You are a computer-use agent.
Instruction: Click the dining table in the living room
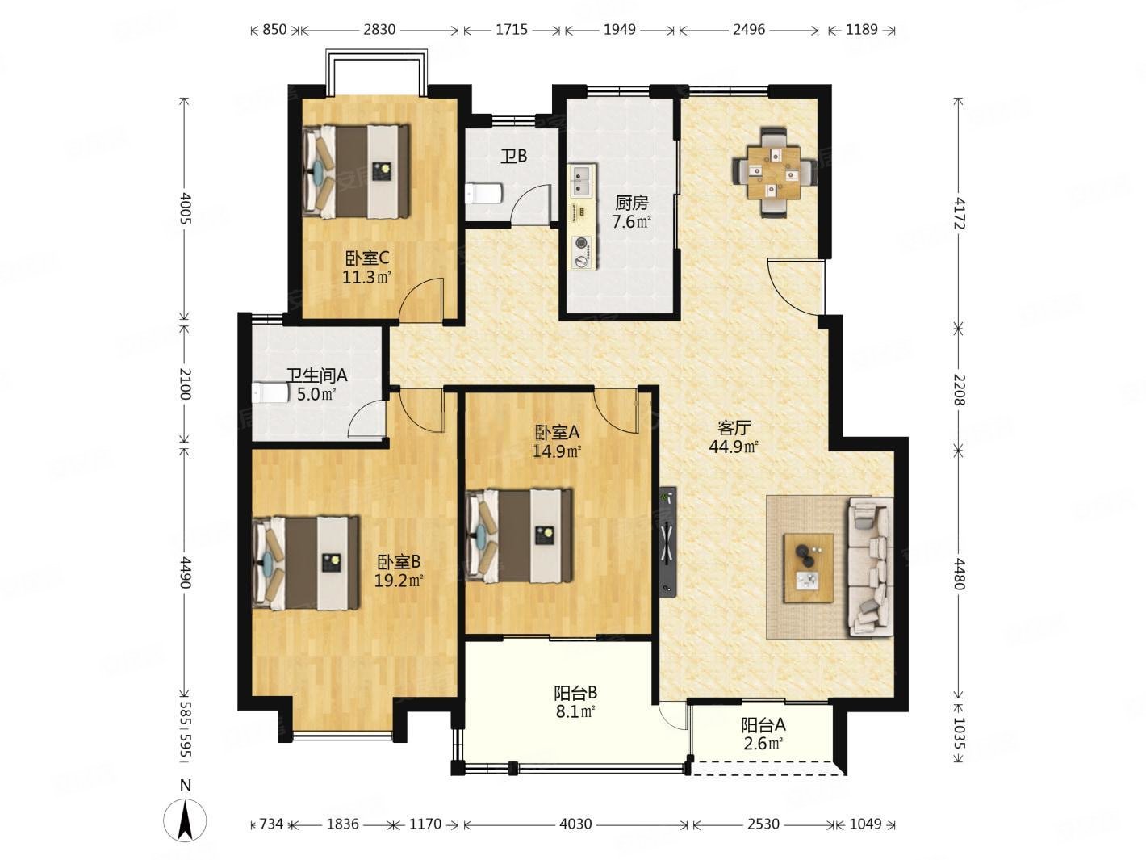pyautogui.click(x=773, y=172)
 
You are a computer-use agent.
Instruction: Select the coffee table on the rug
pyautogui.click(x=808, y=568)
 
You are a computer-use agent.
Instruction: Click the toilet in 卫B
pyautogui.click(x=484, y=194)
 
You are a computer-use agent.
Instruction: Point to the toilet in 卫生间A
pyautogui.click(x=270, y=392)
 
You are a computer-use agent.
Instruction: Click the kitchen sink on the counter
pyautogui.click(x=582, y=181)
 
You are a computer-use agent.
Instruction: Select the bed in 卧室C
pyautogui.click(x=356, y=170)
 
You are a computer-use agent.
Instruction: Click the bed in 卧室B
pyautogui.click(x=305, y=563)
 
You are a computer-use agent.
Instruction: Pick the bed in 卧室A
pyautogui.click(x=520, y=535)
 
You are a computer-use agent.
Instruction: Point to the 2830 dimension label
pyautogui.click(x=379, y=30)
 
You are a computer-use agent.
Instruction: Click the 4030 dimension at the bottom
pyautogui.click(x=575, y=824)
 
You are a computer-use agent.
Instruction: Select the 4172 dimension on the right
pyautogui.click(x=960, y=212)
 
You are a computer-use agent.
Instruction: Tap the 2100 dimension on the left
pyautogui.click(x=184, y=384)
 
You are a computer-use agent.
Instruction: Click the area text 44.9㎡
pyautogui.click(x=734, y=447)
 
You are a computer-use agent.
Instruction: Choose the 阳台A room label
pyautogui.click(x=763, y=725)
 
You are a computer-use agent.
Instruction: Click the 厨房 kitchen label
pyautogui.click(x=631, y=203)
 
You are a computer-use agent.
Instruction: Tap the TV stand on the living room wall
pyautogui.click(x=667, y=542)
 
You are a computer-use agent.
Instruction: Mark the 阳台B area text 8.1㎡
pyautogui.click(x=575, y=711)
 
